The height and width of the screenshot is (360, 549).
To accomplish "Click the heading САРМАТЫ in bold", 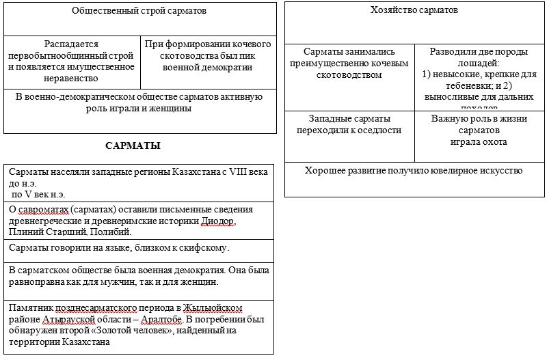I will tap(133, 146).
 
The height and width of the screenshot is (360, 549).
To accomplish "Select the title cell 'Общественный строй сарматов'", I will tap(139, 11).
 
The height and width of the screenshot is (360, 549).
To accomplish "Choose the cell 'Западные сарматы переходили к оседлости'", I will tap(349, 124).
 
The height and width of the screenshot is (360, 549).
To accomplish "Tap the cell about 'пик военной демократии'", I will tap(209, 56).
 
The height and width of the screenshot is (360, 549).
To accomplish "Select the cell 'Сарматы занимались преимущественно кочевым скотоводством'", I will tap(349, 63).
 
